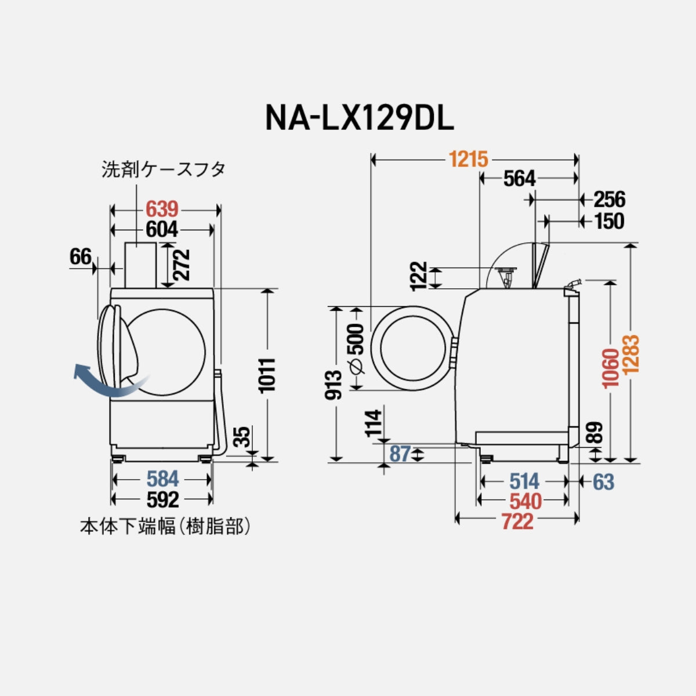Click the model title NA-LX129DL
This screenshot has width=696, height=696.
click(359, 117)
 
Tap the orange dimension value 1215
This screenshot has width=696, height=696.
click(469, 158)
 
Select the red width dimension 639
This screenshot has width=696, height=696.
click(162, 208)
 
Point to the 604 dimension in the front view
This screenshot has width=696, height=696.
click(162, 230)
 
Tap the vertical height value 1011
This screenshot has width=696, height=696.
click(268, 375)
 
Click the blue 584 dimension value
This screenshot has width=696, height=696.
click(162, 480)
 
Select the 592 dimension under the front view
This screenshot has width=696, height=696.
click(162, 499)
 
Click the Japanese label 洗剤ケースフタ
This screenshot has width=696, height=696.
click(164, 170)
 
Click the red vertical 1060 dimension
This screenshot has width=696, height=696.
click(611, 369)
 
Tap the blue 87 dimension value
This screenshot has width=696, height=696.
click(400, 454)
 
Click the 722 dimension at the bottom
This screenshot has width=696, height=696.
click(517, 521)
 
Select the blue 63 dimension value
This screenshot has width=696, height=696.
click(603, 481)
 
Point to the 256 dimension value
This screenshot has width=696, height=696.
click(609, 200)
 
